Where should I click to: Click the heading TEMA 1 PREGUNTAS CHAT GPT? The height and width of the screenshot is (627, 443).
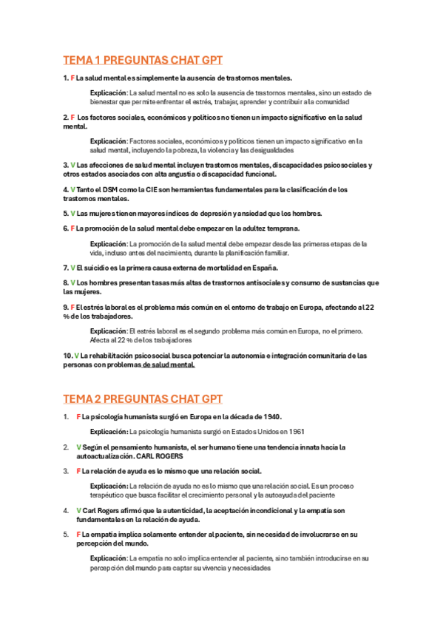tap(143, 60)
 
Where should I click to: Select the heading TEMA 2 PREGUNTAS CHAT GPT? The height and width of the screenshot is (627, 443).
tap(143, 399)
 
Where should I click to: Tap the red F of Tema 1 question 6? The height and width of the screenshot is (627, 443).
tap(72, 228)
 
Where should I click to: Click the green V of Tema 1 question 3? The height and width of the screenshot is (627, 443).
tap(72, 164)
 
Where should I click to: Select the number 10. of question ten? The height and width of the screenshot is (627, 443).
tap(68, 356)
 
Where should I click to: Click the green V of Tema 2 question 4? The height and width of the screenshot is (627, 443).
tap(78, 510)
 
